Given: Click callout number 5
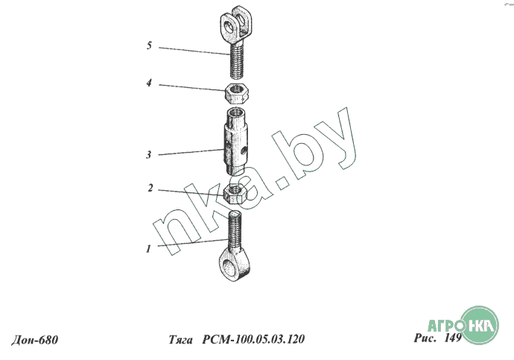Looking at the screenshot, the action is pyautogui.click(x=149, y=46).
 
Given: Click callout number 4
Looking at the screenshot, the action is pyautogui.click(x=149, y=83).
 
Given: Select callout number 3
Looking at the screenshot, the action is pyautogui.click(x=149, y=155).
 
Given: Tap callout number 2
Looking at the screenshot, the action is pyautogui.click(x=150, y=189).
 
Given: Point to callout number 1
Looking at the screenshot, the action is pyautogui.click(x=150, y=249).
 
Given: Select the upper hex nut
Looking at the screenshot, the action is pyautogui.click(x=238, y=94).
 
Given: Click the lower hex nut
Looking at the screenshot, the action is pyautogui.click(x=237, y=194).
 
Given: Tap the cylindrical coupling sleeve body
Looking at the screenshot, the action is pyautogui.click(x=236, y=138).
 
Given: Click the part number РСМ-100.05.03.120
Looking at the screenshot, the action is pyautogui.click(x=253, y=340).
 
